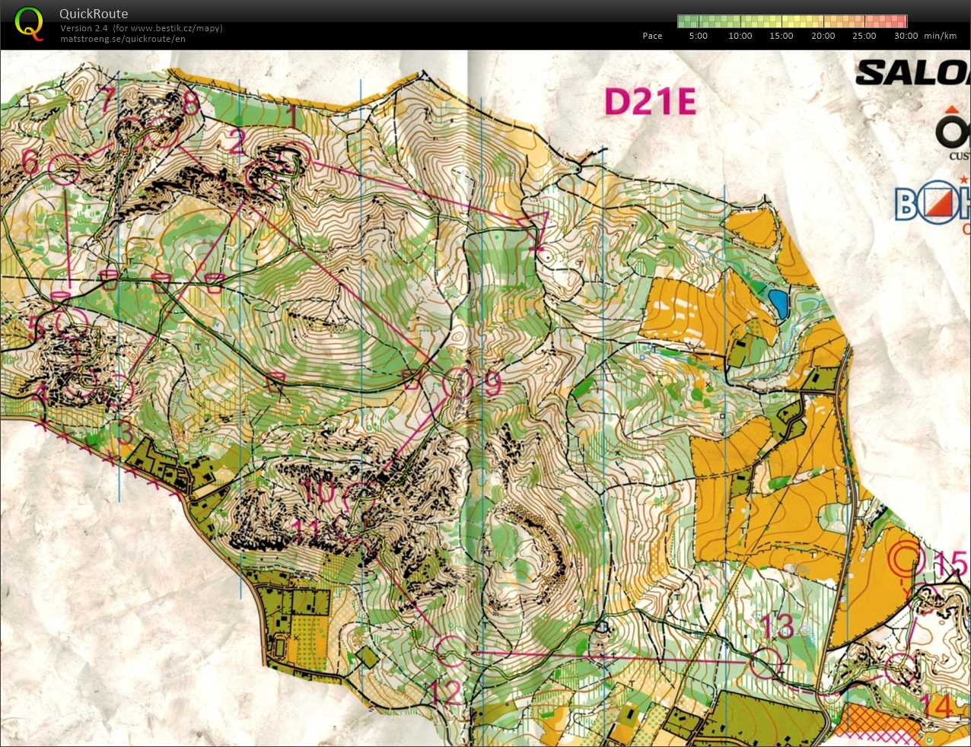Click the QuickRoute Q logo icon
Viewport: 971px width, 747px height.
pos(29,23)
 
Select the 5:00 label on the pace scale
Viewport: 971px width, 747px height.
pos(698,36)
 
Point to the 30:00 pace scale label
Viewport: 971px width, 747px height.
pos(906,36)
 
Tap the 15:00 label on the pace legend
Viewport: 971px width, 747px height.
pos(781,36)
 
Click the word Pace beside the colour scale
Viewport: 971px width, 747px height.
pos(652,36)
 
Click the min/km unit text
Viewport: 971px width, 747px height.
pos(940,36)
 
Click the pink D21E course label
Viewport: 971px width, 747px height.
pos(650,102)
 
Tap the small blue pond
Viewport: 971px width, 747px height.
pos(778,303)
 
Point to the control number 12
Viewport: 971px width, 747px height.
pos(445,692)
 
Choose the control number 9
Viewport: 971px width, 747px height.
pos(493,384)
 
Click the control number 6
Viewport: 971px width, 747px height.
pos(30,161)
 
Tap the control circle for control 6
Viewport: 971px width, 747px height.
pos(64,168)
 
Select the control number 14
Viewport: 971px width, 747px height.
pos(941,706)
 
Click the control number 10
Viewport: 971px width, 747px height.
pos(320,491)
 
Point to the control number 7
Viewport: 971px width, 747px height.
pos(107,99)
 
